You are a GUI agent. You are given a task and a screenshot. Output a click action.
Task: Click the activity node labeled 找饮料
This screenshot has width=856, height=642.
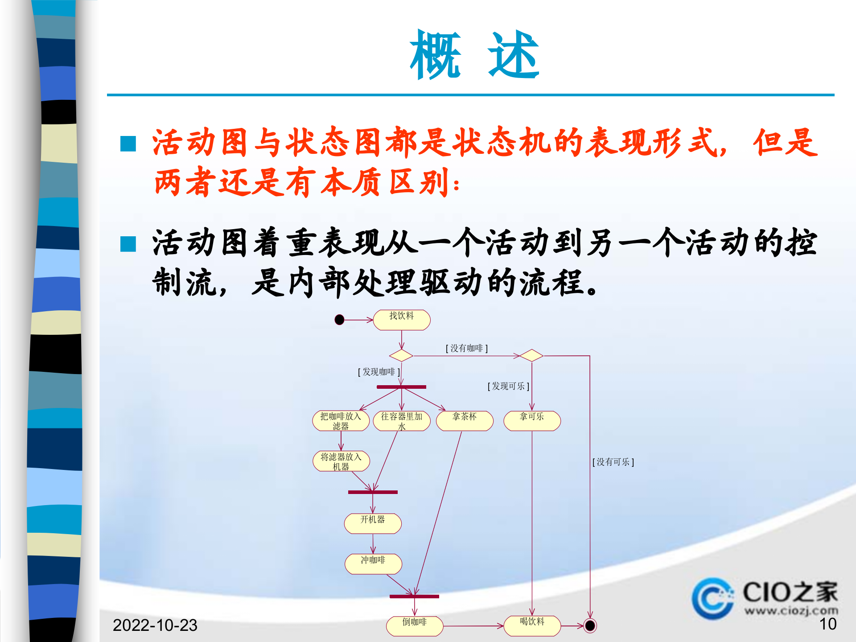[401, 320]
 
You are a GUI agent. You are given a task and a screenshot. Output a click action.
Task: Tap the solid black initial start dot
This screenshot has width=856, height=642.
[339, 320]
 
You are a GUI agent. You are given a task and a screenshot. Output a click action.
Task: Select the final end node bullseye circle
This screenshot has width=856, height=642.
[589, 626]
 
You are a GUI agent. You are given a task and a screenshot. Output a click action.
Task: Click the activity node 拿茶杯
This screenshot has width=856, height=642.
[465, 420]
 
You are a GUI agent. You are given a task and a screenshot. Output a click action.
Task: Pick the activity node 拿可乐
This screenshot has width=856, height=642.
[532, 420]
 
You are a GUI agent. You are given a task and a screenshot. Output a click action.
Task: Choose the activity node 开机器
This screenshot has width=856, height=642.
[373, 523]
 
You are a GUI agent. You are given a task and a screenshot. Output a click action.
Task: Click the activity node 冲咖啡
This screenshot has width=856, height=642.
[373, 564]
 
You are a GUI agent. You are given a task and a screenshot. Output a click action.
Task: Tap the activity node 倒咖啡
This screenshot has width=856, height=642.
[415, 626]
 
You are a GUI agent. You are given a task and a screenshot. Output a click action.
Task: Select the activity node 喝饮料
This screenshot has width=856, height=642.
[532, 626]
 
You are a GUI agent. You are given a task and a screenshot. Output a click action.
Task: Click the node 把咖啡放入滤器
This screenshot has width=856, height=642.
[341, 420]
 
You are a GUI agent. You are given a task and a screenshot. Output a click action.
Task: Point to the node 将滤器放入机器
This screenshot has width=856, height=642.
[341, 461]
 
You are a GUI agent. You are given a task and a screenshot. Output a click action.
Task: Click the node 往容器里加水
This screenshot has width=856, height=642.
[401, 420]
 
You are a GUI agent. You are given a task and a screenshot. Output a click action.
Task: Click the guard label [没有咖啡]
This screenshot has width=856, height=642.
[466, 348]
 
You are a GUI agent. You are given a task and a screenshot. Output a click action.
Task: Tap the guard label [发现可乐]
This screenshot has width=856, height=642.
[508, 386]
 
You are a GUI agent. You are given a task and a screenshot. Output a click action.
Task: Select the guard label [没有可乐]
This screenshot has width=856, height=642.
[613, 462]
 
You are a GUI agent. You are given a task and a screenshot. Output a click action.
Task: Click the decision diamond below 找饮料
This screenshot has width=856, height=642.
[401, 355]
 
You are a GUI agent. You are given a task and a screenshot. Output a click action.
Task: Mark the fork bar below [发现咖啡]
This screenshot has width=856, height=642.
[401, 387]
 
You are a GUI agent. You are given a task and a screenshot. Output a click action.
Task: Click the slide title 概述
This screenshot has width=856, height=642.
[474, 55]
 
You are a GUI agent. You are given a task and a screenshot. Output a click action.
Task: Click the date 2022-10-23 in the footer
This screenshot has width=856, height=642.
[155, 625]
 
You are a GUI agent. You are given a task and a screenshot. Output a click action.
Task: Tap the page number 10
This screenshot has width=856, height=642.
[827, 624]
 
